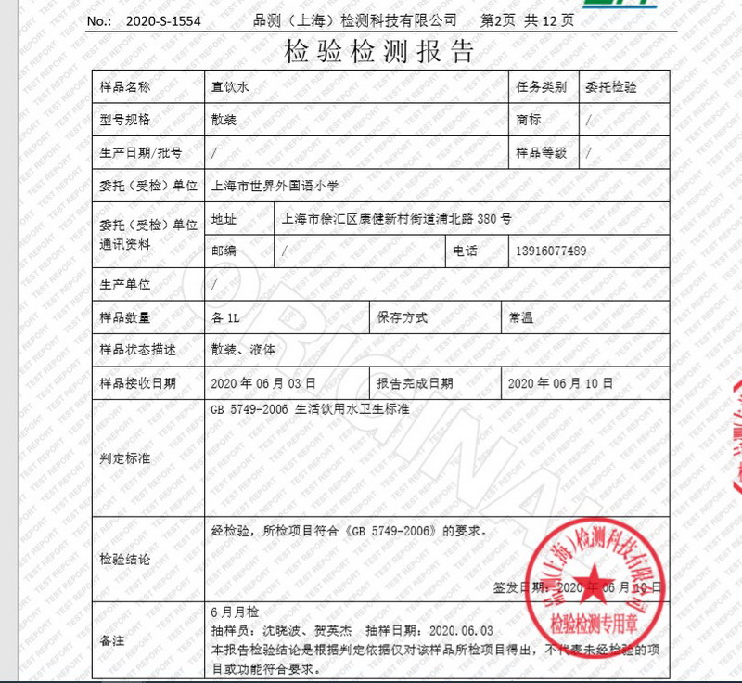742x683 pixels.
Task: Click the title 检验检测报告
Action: coord(378,51)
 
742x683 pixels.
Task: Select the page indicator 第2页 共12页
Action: coord(527,19)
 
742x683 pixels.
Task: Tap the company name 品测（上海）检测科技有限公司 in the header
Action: coord(354,19)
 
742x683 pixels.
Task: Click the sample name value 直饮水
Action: coord(231,86)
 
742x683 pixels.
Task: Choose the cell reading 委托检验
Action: coord(612,86)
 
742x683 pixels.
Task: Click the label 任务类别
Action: coord(542,86)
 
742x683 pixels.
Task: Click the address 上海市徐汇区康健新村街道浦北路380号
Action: coord(396,219)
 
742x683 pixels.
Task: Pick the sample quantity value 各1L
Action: coord(226,317)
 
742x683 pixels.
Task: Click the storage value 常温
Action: coord(520,317)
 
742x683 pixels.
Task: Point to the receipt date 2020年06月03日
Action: coord(263,382)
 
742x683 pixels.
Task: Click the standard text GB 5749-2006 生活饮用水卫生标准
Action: coord(311,408)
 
